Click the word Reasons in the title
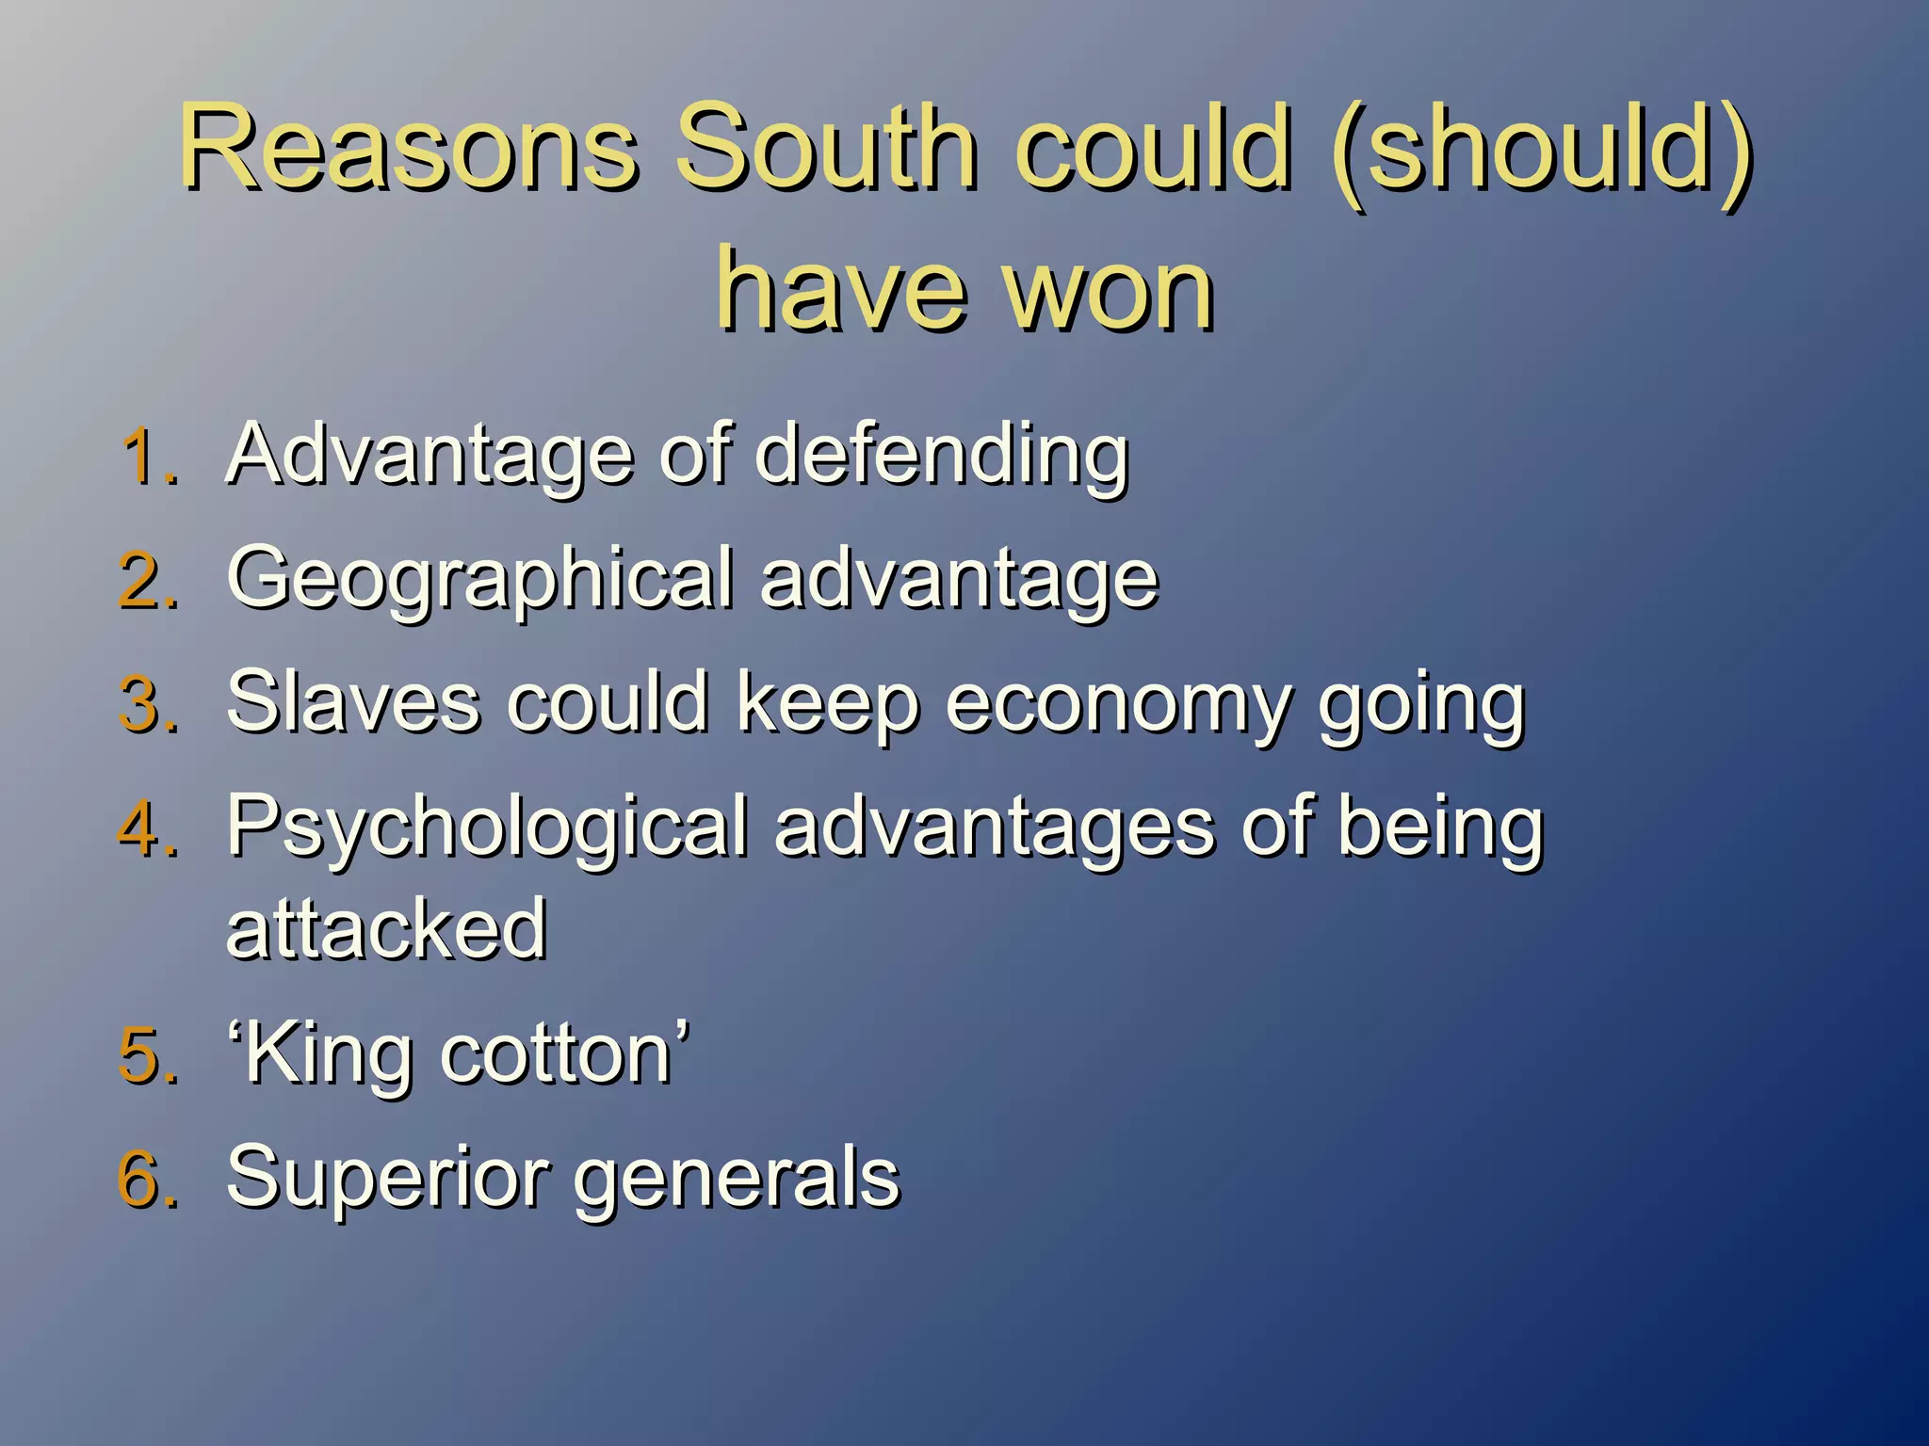coord(409,148)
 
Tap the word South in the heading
coord(825,148)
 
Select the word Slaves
coord(352,702)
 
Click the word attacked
coord(386,930)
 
